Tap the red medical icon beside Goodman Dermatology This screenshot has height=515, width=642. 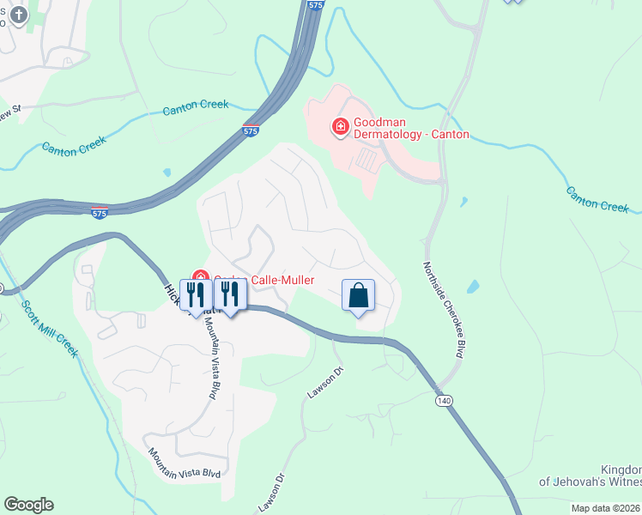[x=340, y=127]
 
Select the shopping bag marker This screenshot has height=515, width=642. [x=358, y=295]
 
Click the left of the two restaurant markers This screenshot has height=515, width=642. [x=195, y=295]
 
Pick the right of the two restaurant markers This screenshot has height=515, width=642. [x=229, y=295]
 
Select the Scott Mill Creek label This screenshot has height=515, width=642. [x=49, y=329]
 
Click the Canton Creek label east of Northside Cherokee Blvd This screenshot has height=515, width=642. [x=597, y=199]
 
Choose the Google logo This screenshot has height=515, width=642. [x=28, y=505]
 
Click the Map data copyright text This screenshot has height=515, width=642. [x=605, y=508]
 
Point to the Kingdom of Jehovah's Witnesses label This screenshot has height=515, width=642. [x=591, y=476]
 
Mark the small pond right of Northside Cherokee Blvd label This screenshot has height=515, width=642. [x=475, y=288]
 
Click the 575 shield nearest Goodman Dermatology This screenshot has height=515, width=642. [x=249, y=131]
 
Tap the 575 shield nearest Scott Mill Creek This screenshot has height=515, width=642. [x=100, y=212]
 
